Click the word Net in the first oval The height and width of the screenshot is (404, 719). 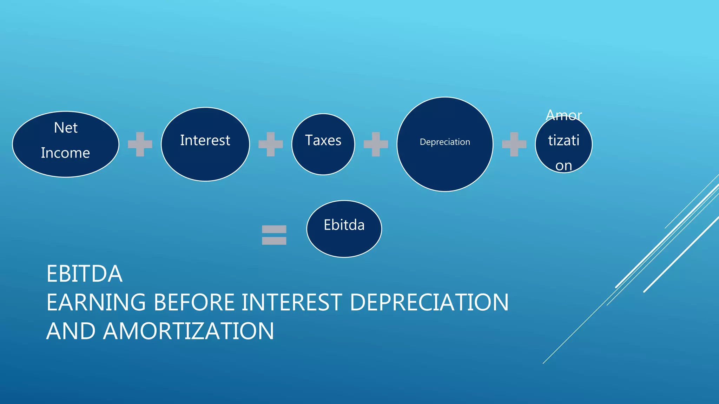tap(66, 128)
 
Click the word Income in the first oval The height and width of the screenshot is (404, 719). tap(65, 153)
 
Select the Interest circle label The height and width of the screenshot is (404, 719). tap(205, 140)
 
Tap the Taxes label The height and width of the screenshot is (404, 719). tap(323, 140)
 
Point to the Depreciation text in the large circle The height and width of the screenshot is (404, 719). tap(445, 142)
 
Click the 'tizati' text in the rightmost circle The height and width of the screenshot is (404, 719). tap(563, 140)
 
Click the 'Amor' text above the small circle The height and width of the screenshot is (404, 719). tap(564, 115)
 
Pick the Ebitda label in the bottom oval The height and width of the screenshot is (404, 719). tap(344, 225)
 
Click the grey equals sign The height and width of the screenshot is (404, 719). tap(274, 235)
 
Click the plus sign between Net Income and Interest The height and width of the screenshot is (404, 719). tap(140, 144)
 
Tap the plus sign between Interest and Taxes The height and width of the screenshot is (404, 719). tap(271, 144)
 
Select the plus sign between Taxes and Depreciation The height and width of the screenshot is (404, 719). tap(376, 144)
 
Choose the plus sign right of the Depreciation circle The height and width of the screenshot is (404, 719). tap(514, 144)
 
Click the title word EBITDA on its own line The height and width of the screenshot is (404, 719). tap(85, 274)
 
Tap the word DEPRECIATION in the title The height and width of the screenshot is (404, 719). tap(429, 302)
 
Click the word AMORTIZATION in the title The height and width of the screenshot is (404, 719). tap(189, 331)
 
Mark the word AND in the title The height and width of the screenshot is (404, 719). tap(71, 331)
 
